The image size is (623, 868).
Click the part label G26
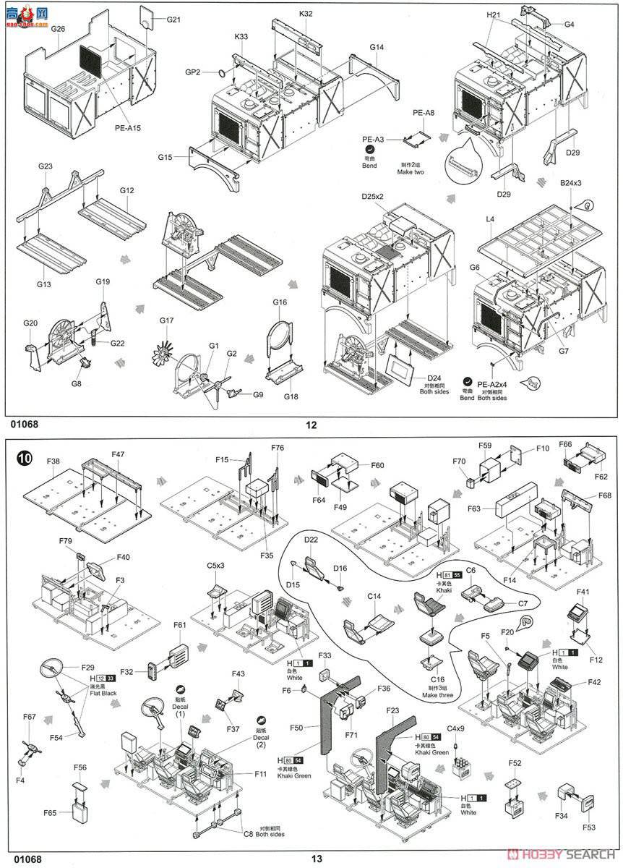tap(58, 30)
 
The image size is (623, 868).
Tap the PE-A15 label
tap(127, 128)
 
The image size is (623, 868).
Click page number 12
tap(311, 425)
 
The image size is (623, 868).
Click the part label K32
tap(306, 13)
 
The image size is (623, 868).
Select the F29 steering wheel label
tap(88, 666)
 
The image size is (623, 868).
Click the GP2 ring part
tap(223, 73)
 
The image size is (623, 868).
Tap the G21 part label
tap(173, 20)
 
